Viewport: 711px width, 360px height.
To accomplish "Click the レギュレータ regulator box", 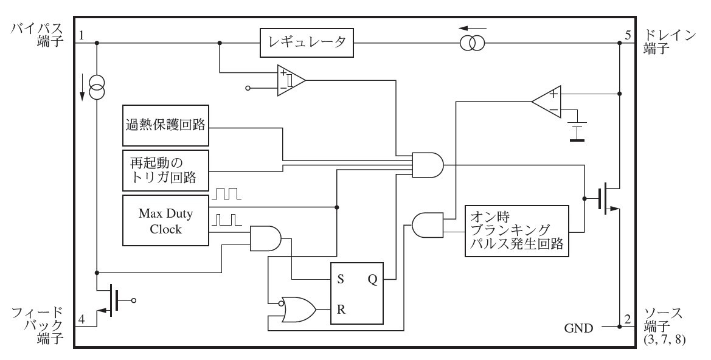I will (x=307, y=43).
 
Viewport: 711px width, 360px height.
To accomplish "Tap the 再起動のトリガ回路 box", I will (x=165, y=170).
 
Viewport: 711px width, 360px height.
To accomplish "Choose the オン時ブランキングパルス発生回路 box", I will (x=516, y=231).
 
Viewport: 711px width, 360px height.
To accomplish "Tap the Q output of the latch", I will (x=372, y=279).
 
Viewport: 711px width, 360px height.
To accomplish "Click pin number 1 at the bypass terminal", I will (x=82, y=35).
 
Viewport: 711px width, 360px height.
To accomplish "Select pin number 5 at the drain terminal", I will (x=628, y=35).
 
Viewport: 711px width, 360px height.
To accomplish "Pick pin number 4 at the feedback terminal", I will (x=82, y=317).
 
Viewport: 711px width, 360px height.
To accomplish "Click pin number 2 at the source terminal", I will (x=628, y=317).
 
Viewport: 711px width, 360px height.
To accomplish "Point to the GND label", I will (x=578, y=328).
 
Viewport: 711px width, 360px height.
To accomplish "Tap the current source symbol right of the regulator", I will (x=473, y=43).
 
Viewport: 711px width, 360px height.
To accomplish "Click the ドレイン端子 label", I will (x=668, y=42).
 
